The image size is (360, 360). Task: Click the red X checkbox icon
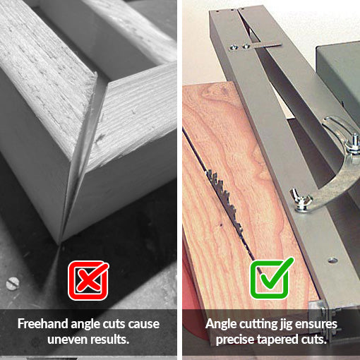(88, 280)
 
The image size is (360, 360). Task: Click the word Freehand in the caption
(43, 324)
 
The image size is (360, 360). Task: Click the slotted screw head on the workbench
(12, 283)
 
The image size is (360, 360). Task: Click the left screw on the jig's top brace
(234, 47)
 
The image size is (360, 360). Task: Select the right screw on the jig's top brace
(246, 46)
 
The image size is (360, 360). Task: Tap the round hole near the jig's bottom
(332, 260)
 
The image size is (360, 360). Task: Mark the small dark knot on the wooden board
(221, 225)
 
